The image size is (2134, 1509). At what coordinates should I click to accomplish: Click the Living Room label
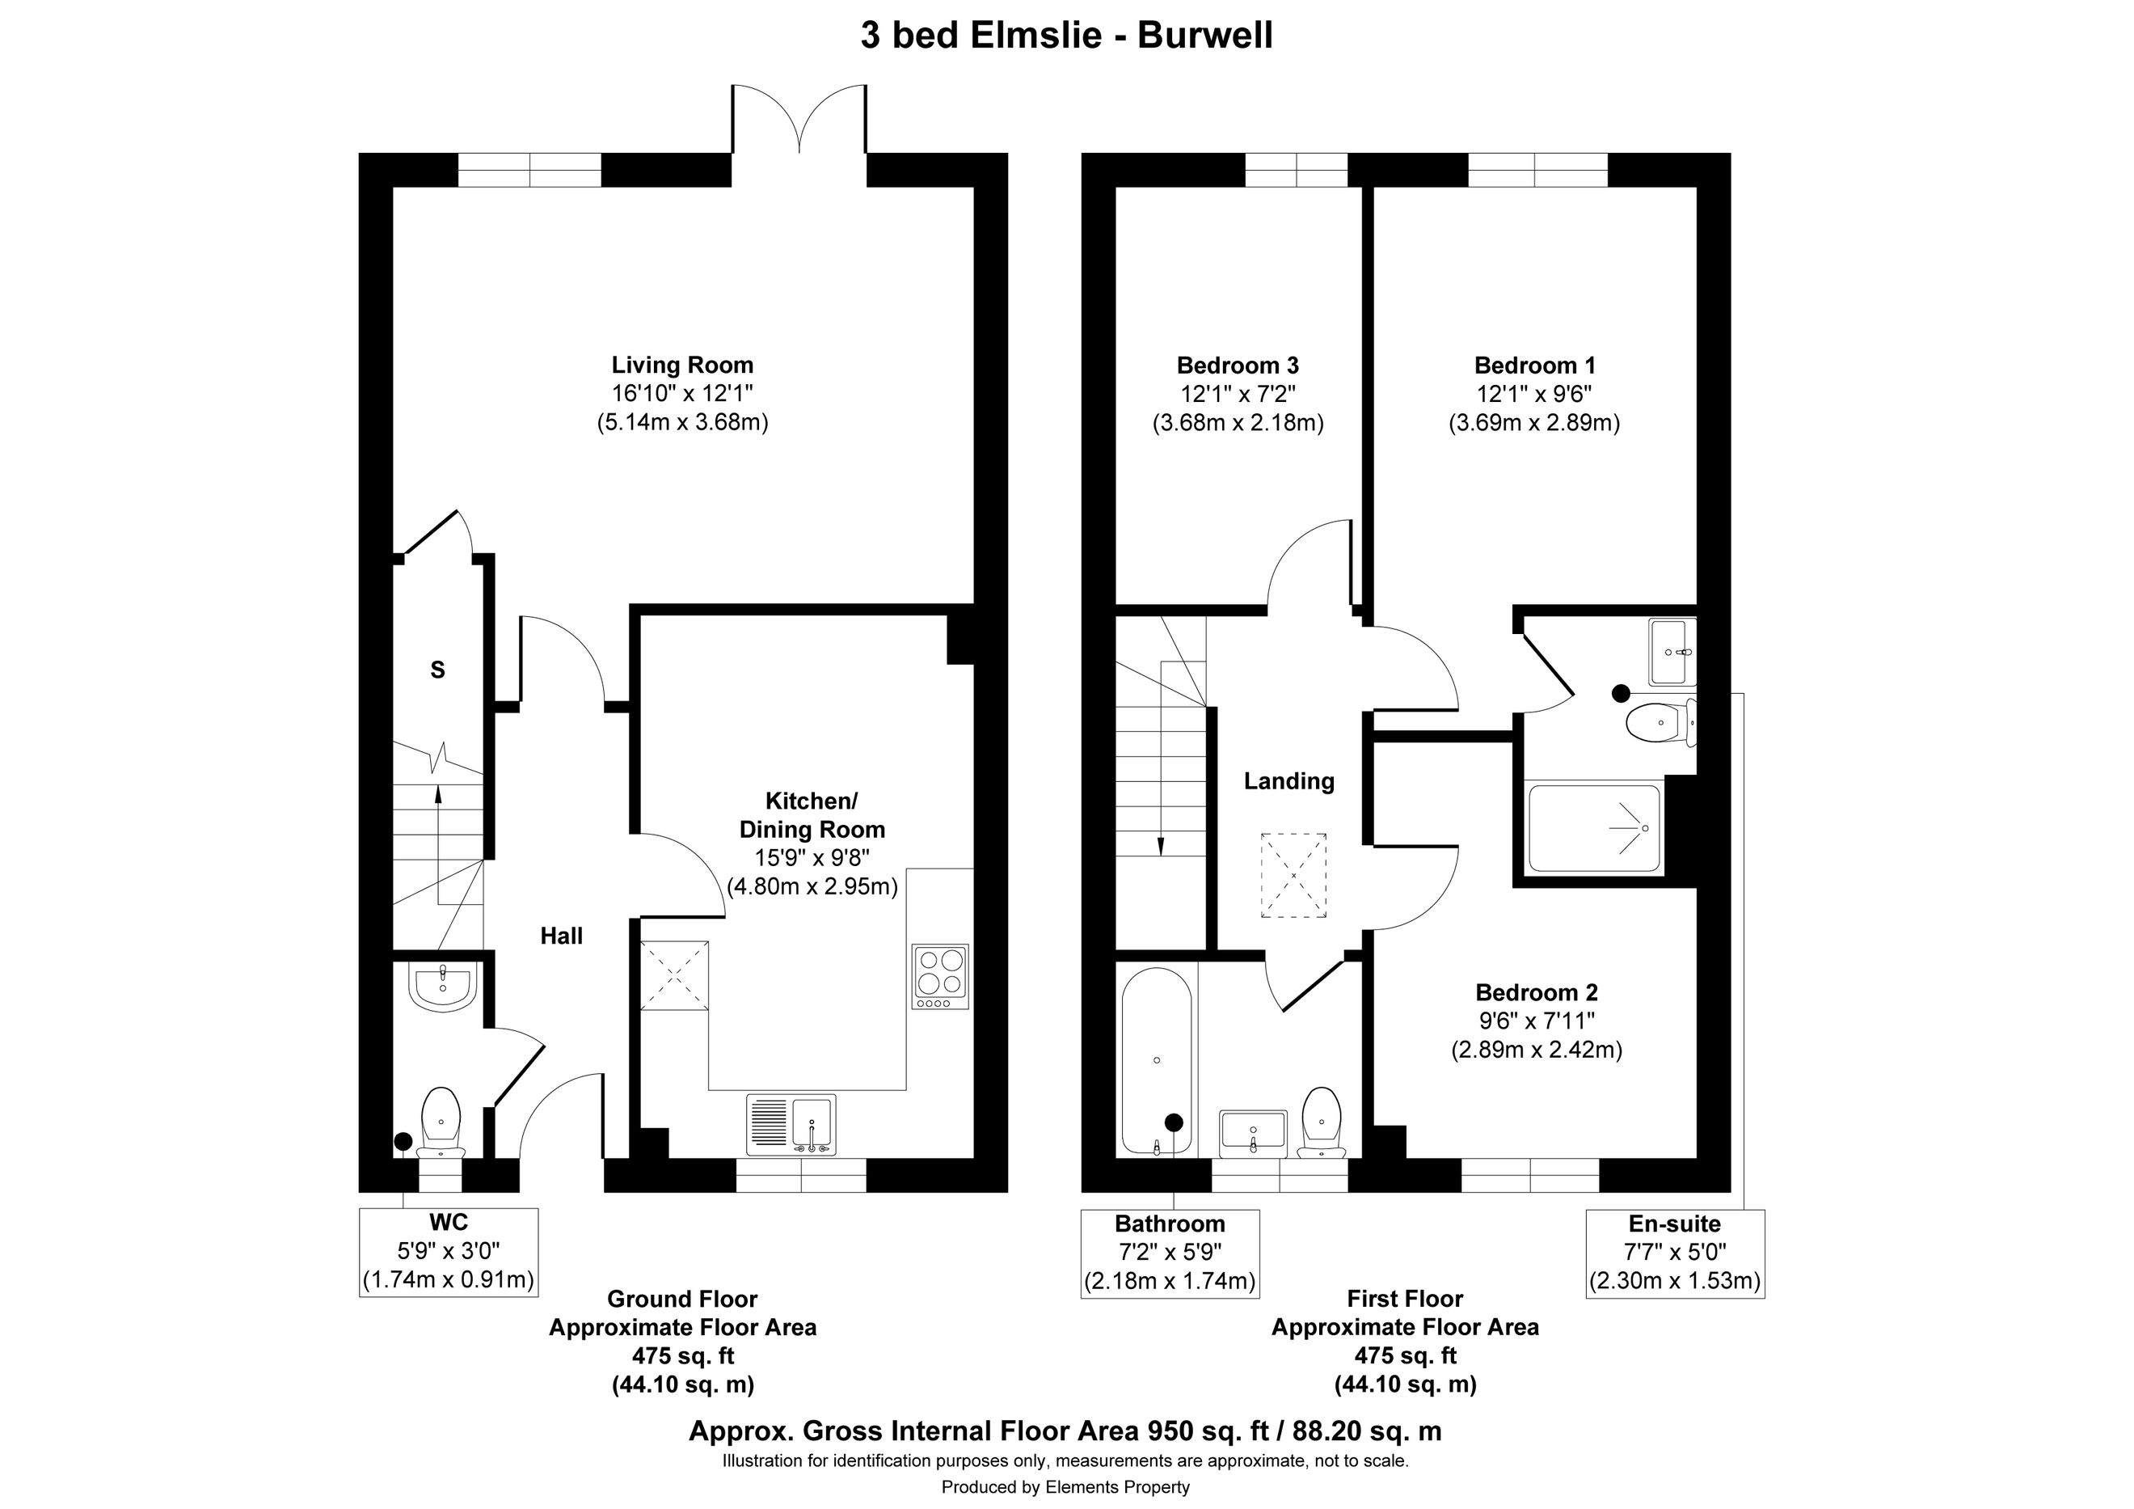click(682, 366)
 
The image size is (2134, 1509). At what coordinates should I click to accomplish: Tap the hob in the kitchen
click(941, 976)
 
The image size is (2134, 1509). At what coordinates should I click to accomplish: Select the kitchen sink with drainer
click(791, 1124)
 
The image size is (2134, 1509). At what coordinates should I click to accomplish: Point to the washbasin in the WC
click(442, 987)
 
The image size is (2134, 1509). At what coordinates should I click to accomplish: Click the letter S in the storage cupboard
click(438, 670)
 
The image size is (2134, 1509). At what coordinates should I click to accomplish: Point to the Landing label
click(1289, 782)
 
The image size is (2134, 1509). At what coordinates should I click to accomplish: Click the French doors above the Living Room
click(799, 120)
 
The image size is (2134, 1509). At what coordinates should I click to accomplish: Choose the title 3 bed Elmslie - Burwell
click(1066, 36)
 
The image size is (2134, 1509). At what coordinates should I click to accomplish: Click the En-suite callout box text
click(1675, 1253)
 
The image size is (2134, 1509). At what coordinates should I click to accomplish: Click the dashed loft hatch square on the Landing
click(1293, 877)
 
